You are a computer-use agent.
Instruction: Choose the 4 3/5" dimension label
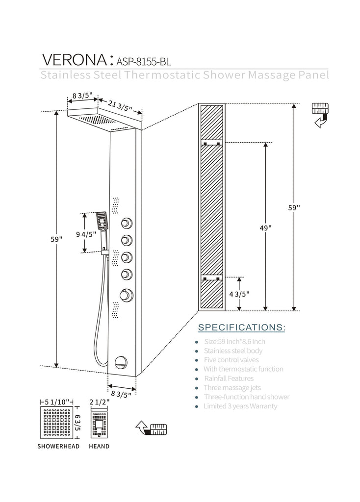pos(240,294)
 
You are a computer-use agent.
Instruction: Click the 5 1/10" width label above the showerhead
pos(57,402)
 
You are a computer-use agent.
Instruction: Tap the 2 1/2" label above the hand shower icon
pos(99,402)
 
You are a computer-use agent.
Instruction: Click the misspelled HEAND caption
pos(99,446)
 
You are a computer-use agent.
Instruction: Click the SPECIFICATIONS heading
pos(241,327)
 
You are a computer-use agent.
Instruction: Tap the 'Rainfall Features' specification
pos(229,378)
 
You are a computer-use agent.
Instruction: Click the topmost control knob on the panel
pos(127,224)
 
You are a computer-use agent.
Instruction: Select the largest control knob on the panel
pos(127,295)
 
